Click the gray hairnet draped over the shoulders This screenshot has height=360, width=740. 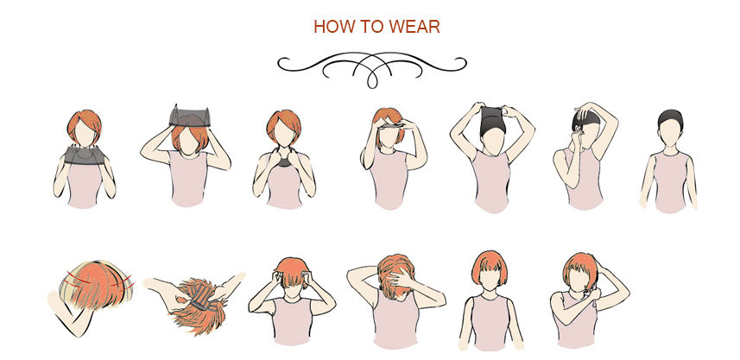[x=84, y=155]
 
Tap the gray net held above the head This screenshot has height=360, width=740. [x=190, y=117]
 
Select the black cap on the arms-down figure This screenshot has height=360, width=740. [x=670, y=118]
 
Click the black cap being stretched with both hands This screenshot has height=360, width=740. [x=493, y=121]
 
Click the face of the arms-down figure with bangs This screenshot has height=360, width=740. [x=489, y=281]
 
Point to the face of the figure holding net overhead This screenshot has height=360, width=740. [x=190, y=141]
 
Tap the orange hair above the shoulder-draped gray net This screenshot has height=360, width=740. [x=84, y=126]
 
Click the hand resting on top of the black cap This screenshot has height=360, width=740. [x=585, y=112]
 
